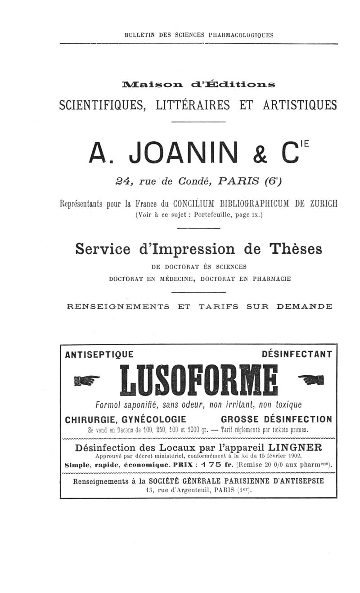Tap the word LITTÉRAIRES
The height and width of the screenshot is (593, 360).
pyautogui.click(x=193, y=105)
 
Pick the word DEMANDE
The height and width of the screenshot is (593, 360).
pyautogui.click(x=304, y=307)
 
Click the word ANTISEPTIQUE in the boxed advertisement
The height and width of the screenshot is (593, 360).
pyautogui.click(x=99, y=355)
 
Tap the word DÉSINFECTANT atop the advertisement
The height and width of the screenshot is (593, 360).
pyautogui.click(x=297, y=355)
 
